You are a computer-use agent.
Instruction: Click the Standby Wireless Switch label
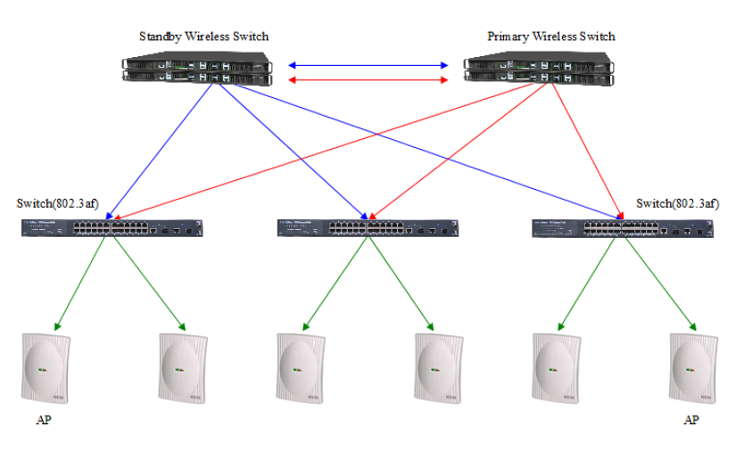coord(203,37)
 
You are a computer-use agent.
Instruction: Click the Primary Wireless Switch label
coord(550,37)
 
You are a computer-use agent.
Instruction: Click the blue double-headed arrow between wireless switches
coord(368,65)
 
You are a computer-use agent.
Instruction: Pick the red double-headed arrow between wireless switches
coord(368,80)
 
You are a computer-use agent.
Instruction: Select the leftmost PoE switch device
coord(113,228)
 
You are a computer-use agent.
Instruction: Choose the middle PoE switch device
coord(368,228)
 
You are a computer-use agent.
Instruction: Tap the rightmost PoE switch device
coord(624,228)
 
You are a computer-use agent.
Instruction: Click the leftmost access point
coord(45,366)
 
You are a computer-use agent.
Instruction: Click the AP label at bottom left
coord(44,420)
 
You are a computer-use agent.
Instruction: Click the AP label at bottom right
coord(690,420)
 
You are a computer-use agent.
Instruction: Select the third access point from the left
coord(300,366)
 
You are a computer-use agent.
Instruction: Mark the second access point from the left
coord(183,366)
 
